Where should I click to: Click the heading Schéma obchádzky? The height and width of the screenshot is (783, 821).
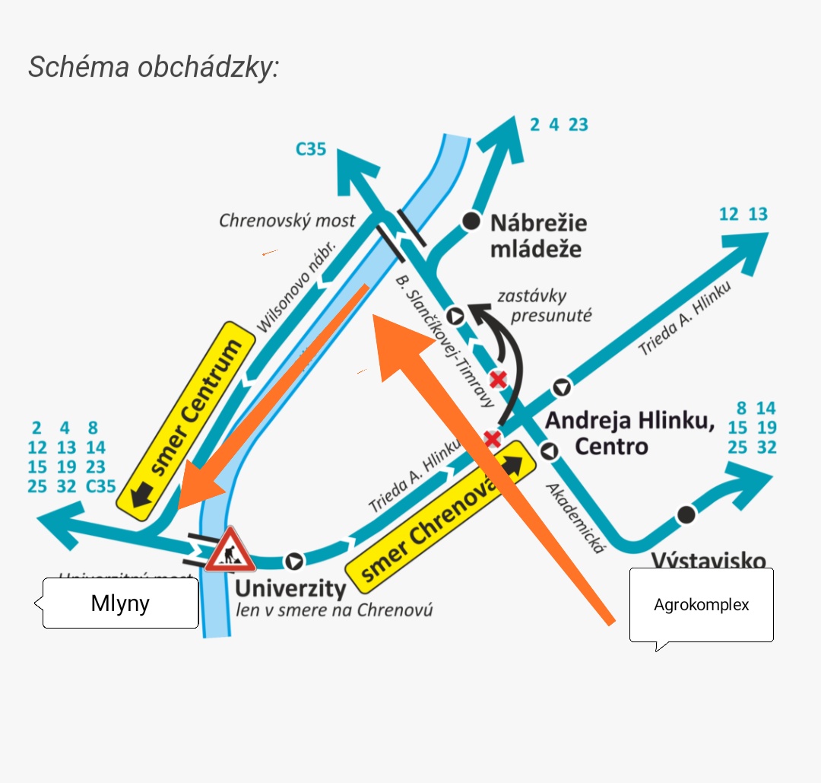tap(154, 67)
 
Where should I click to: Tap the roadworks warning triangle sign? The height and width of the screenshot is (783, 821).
tap(230, 550)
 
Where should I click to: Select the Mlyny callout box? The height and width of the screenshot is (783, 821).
tap(120, 603)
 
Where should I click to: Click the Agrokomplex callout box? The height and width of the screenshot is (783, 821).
tap(701, 605)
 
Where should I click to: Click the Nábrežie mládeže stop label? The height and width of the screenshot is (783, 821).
tap(538, 235)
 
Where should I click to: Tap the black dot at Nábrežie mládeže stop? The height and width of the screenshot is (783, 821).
tap(472, 221)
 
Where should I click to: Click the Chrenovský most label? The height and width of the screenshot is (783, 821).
tap(287, 221)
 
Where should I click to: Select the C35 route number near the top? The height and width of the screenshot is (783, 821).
tap(311, 148)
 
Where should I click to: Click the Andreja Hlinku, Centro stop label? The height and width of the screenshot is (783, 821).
tap(630, 432)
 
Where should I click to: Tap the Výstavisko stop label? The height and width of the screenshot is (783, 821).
tap(708, 561)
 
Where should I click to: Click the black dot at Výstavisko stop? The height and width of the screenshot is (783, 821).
tap(686, 514)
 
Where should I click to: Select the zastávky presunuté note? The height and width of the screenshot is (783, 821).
tap(544, 305)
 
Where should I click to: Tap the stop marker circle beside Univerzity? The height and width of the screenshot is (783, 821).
tap(293, 561)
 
